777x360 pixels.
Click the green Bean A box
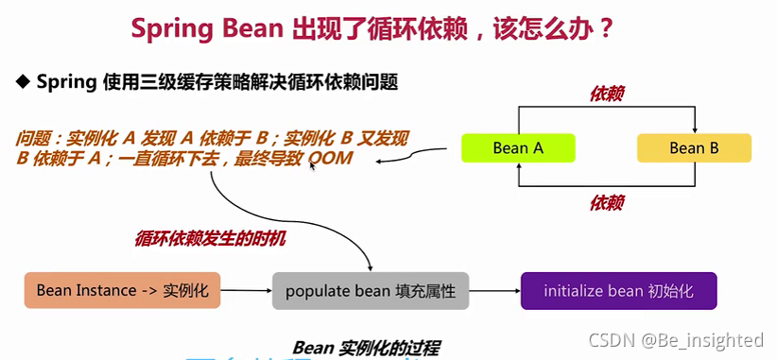(518, 148)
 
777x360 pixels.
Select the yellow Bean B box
(694, 148)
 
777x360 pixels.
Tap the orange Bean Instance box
(122, 290)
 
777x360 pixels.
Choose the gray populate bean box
(370, 291)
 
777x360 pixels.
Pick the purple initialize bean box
(618, 290)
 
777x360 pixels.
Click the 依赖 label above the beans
(606, 94)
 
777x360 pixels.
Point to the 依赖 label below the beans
(606, 202)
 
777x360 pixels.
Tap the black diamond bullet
(24, 81)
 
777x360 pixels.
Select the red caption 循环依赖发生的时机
(210, 239)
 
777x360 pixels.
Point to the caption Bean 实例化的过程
(366, 347)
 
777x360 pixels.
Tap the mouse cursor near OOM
(313, 164)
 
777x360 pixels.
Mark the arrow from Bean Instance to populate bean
(246, 291)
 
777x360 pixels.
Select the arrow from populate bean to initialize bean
(494, 291)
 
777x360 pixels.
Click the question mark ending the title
(606, 28)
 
